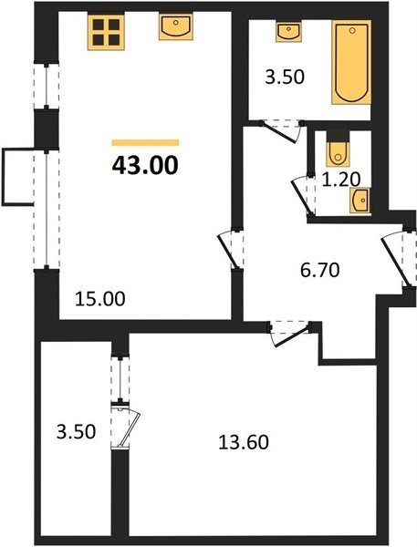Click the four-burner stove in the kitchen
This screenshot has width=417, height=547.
point(106,32)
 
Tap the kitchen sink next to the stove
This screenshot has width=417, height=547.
point(176,26)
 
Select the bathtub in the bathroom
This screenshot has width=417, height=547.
point(351,62)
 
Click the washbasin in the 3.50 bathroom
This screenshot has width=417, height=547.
point(288,31)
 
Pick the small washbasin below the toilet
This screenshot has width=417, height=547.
point(360,201)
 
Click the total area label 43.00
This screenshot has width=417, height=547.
point(145,165)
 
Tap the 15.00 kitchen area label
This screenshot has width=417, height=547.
point(99,299)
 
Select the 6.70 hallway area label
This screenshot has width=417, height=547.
point(320,270)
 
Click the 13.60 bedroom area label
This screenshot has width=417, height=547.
point(244,442)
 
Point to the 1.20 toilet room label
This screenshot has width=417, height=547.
point(340,180)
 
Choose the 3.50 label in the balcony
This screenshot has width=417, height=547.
point(76,431)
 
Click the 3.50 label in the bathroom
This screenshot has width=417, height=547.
point(285,77)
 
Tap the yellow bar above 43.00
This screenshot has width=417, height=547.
point(145,142)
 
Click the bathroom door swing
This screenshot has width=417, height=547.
point(281,131)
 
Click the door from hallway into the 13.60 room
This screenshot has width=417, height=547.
point(290,334)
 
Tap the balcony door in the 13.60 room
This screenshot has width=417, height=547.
point(125,425)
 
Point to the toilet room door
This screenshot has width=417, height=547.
point(303,196)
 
